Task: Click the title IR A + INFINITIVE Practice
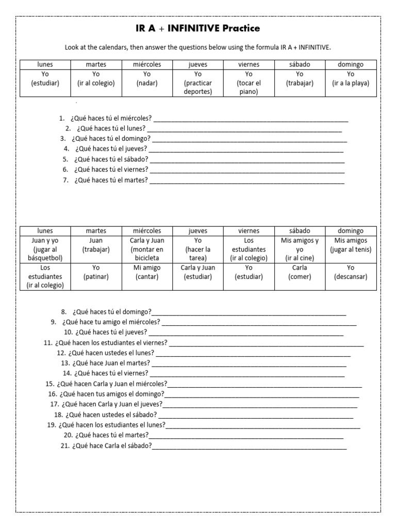click(198, 28)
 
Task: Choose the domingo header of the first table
click(351, 64)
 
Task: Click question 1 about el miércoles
click(112, 119)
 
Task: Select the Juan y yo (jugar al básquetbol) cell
click(45, 250)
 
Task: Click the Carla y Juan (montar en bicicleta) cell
click(147, 250)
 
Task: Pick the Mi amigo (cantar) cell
click(147, 272)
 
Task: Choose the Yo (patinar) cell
click(96, 272)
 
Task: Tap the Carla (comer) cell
click(300, 272)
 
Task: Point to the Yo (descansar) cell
click(351, 272)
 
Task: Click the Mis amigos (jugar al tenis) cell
click(351, 245)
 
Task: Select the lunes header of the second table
click(45, 231)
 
